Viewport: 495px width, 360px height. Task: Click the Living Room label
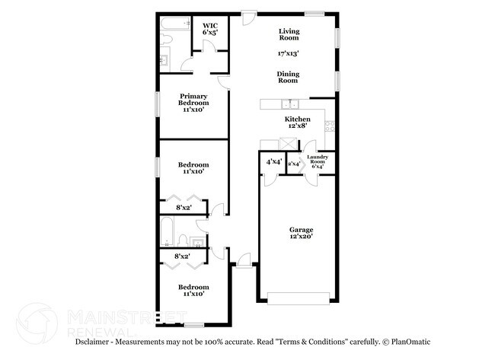(x=289, y=34)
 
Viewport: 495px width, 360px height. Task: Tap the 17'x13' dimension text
(x=288, y=53)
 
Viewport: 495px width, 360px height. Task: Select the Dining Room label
(x=288, y=78)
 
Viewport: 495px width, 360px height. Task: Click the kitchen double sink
(x=290, y=104)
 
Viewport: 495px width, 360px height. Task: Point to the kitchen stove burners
(x=330, y=126)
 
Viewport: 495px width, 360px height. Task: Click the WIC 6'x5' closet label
(x=210, y=29)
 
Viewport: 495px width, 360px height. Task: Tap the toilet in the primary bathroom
(x=166, y=39)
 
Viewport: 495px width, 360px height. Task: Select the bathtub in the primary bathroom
(x=175, y=24)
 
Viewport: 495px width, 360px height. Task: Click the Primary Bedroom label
(x=193, y=103)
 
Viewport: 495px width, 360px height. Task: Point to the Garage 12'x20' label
(x=301, y=233)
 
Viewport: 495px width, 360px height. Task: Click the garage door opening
(x=299, y=298)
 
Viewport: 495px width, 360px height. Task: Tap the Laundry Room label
(x=318, y=161)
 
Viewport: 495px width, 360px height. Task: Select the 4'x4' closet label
(x=273, y=162)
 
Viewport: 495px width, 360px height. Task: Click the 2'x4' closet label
(x=294, y=164)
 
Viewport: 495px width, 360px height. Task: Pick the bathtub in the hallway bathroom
(x=167, y=231)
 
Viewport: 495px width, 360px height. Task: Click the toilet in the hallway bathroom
(x=182, y=241)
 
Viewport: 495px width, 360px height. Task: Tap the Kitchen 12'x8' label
(x=297, y=122)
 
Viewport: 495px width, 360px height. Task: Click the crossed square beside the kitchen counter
(x=288, y=144)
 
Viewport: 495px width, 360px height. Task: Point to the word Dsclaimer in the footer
(x=92, y=342)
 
